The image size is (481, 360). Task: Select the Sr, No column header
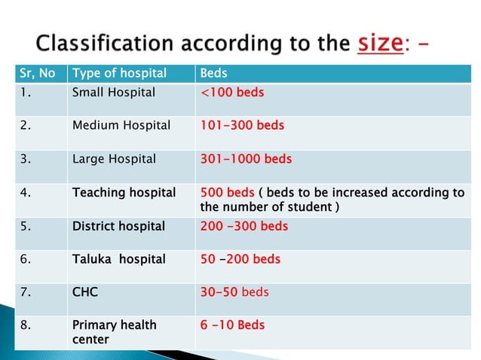(x=36, y=74)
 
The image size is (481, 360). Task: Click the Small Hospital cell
(x=114, y=93)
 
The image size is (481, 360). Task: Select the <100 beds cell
(x=232, y=93)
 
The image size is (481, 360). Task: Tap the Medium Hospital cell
(x=121, y=126)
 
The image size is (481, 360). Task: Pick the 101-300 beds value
(x=242, y=126)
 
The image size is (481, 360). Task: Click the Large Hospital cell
(x=114, y=159)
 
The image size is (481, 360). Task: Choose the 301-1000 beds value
(x=246, y=159)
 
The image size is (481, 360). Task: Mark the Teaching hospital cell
(x=124, y=193)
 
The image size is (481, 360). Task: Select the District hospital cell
(x=118, y=226)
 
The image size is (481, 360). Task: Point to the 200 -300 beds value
(x=244, y=226)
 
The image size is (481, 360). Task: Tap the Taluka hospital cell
(x=118, y=259)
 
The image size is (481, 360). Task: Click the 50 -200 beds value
(x=240, y=259)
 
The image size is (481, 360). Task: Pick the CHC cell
(x=85, y=292)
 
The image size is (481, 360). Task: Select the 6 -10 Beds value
(x=232, y=325)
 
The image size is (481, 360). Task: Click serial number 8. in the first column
(x=26, y=325)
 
